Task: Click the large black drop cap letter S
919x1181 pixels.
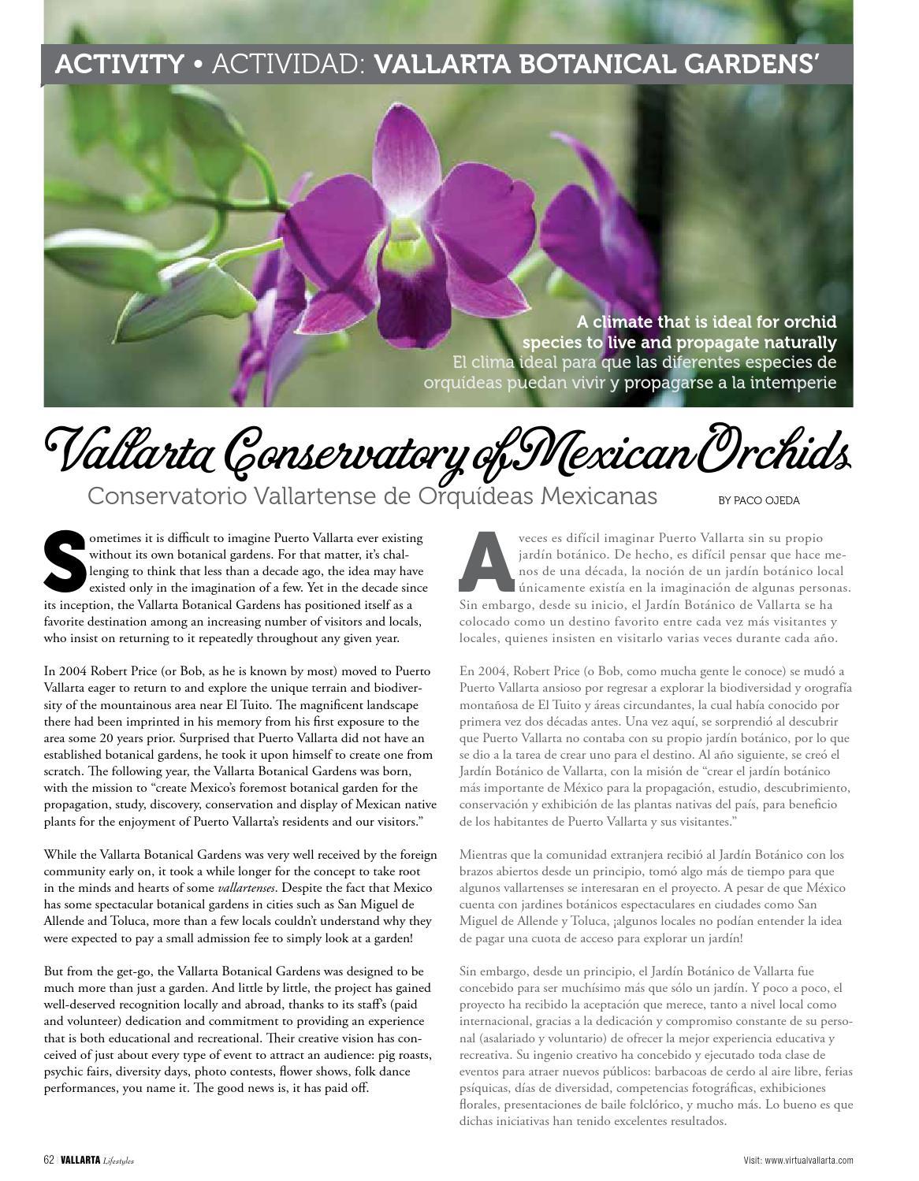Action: [65, 563]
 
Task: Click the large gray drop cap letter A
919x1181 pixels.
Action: [486, 563]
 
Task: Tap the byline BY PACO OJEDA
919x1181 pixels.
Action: [758, 500]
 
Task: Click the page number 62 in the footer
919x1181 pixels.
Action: [49, 1160]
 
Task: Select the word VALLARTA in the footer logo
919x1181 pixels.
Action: [80, 1160]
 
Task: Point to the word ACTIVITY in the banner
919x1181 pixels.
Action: [119, 65]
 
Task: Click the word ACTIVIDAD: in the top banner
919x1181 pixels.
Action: [289, 65]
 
